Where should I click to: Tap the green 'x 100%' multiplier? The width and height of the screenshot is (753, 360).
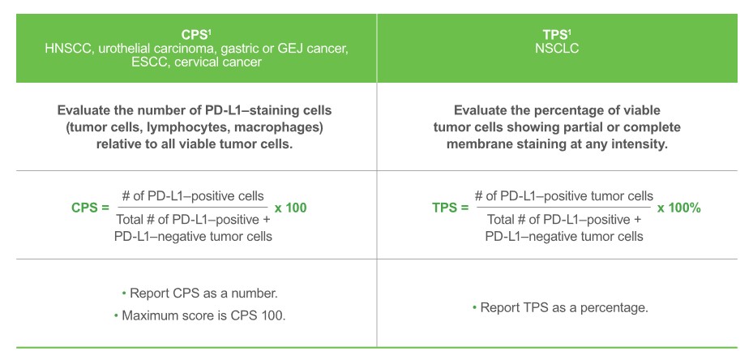coord(678,208)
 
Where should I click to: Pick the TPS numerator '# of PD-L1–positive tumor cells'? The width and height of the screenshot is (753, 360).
coord(563,196)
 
